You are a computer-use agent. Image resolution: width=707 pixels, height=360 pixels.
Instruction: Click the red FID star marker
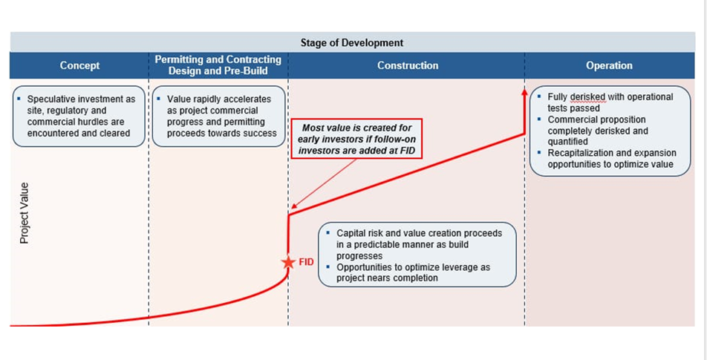(287, 262)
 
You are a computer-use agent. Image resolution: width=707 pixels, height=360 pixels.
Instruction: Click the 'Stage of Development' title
(352, 43)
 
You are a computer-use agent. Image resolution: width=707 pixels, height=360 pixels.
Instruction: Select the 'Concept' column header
(79, 65)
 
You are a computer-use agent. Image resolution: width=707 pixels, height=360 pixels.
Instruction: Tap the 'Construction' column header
(408, 65)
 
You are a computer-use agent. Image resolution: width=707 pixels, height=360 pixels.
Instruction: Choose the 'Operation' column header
(609, 65)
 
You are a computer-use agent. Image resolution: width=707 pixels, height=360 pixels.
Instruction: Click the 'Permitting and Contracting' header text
(218, 59)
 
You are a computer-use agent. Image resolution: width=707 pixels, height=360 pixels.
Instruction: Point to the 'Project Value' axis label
(25, 213)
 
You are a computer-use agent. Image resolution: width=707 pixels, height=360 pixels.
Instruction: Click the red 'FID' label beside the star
(306, 262)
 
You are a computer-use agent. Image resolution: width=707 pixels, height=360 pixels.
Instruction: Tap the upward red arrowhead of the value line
(524, 91)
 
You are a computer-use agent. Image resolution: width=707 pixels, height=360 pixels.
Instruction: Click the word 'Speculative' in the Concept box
(51, 99)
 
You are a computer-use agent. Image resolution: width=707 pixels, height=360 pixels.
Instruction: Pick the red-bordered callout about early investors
(356, 139)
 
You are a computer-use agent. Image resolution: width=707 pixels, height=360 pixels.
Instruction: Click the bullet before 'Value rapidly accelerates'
(158, 98)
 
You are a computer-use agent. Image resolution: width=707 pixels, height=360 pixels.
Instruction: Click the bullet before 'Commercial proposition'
(539, 119)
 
